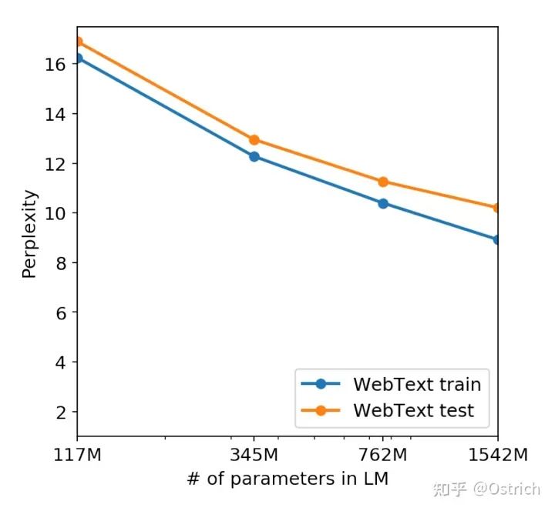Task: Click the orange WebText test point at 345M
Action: pos(254,140)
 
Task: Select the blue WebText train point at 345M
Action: pos(254,156)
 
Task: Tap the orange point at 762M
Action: pos(383,182)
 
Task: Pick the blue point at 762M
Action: pos(383,203)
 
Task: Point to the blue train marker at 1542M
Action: pos(497,239)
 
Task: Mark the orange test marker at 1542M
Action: pos(497,208)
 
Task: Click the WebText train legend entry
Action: pos(416,384)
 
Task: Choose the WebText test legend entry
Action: pos(413,411)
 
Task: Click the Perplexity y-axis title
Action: pos(29,233)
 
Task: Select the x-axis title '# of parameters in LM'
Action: pos(288,479)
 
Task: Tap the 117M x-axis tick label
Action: pos(77,454)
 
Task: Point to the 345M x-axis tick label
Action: pos(254,454)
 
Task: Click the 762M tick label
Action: pos(383,454)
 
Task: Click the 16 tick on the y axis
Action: pos(54,64)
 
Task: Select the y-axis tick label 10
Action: pos(54,213)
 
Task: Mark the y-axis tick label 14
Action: pos(54,114)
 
